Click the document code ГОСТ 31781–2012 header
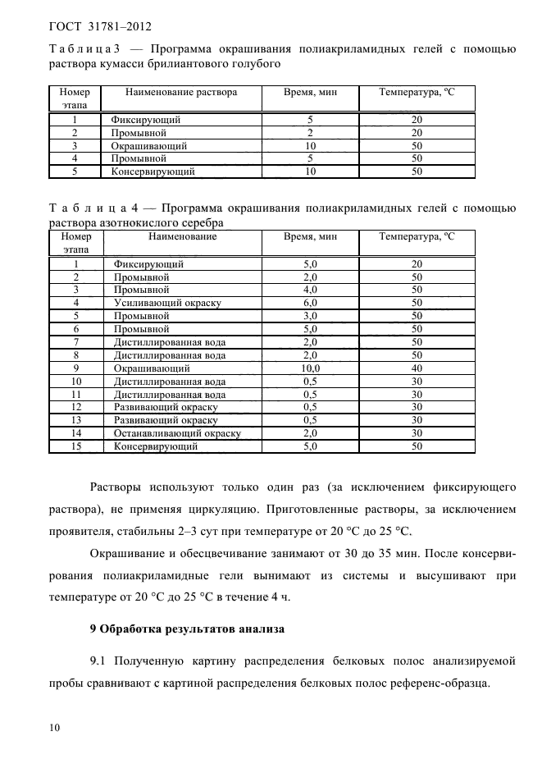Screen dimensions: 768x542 tap(100, 26)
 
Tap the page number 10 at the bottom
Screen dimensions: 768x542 tap(54, 728)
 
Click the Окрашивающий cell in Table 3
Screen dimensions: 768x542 tap(149, 145)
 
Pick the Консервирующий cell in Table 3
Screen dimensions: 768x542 tap(153, 171)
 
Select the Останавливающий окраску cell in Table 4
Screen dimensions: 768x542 tap(177, 433)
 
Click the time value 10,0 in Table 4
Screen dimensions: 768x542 tap(310, 368)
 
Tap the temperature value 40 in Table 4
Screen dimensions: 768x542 tap(417, 368)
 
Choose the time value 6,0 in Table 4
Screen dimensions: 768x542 tap(310, 303)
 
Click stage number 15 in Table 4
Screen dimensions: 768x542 tap(75, 446)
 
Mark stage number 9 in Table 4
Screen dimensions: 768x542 tap(75, 368)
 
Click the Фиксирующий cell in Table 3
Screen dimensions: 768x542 tap(145, 119)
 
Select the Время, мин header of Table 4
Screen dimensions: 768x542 tap(310, 236)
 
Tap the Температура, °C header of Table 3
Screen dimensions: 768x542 tap(417, 93)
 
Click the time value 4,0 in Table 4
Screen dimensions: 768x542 tap(310, 290)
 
